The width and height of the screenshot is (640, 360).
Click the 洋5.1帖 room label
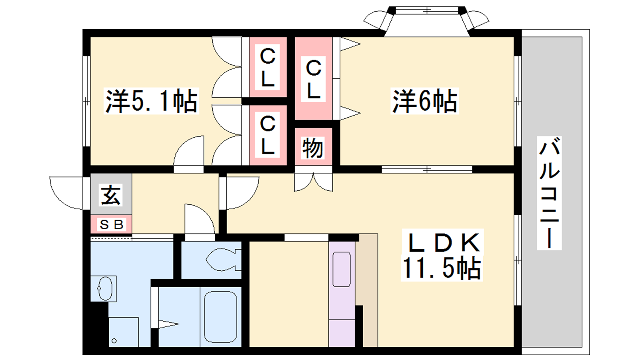click(x=152, y=101)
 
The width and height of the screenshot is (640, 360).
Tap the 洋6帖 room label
click(x=425, y=101)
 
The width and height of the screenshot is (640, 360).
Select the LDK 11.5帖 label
click(x=442, y=255)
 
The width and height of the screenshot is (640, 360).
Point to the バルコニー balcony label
click(x=549, y=193)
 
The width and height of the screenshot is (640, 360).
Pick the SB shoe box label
click(x=112, y=224)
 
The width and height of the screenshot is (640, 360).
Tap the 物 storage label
click(x=313, y=148)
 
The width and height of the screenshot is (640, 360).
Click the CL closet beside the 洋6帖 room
click(x=314, y=78)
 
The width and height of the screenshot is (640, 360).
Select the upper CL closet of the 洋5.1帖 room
click(x=268, y=67)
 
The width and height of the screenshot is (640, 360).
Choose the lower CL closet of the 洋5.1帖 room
click(x=268, y=135)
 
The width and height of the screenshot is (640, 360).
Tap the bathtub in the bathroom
click(x=220, y=316)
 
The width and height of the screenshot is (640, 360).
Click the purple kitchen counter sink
click(x=342, y=269)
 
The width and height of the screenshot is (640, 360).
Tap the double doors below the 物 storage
click(x=314, y=182)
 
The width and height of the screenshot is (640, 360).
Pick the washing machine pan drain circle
click(x=114, y=340)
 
